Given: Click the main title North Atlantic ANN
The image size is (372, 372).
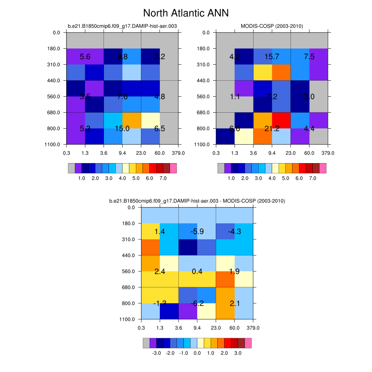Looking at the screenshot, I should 186,13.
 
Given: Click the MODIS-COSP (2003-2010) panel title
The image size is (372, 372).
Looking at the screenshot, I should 272,26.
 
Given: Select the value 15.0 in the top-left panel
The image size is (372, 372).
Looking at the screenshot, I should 122,129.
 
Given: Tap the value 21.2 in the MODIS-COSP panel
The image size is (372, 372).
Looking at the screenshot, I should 272,129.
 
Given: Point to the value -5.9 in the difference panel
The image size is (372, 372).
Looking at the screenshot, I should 197,231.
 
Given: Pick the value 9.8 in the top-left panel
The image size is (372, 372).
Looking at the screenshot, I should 122,56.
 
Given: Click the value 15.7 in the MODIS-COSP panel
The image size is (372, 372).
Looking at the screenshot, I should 272,56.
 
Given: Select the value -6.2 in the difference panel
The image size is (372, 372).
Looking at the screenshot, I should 197,304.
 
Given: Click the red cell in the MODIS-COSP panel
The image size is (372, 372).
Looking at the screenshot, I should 281,120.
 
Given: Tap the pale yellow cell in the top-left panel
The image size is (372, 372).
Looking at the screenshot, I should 150,120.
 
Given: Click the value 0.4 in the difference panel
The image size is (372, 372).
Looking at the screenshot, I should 197,271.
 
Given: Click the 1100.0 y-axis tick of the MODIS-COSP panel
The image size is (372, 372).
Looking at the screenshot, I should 206,145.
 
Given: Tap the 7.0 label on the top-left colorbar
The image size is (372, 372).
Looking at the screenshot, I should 163,178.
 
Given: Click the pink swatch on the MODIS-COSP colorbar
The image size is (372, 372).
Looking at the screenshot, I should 323,168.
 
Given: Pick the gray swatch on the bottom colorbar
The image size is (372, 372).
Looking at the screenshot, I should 146,343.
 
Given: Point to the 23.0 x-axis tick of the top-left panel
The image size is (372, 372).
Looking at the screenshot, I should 141,153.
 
